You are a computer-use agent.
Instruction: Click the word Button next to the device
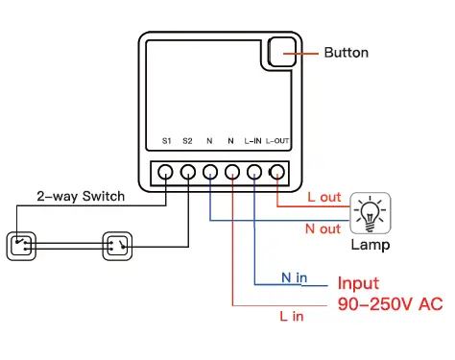click(346, 52)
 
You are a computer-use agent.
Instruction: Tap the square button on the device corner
click(280, 52)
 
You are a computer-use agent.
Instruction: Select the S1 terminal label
click(165, 140)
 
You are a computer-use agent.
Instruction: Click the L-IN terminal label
click(253, 140)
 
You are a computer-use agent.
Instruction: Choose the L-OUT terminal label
click(277, 140)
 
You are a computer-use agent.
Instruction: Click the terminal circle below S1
click(165, 173)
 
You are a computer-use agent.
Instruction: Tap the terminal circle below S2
click(187, 173)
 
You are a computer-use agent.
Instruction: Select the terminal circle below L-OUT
click(277, 173)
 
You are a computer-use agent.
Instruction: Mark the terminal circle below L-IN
click(254, 173)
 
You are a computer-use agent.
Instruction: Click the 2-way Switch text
click(81, 197)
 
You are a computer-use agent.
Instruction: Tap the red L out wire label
click(323, 197)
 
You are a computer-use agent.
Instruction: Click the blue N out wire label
click(323, 228)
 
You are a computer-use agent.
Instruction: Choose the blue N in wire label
click(294, 277)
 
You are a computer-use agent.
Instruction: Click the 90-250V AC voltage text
click(389, 304)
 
